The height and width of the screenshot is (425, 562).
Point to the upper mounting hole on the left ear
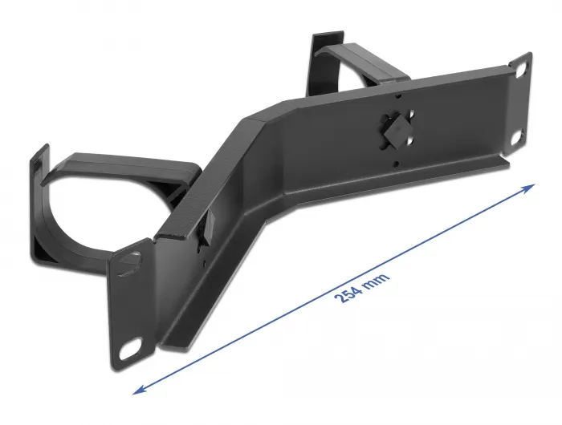(127, 264)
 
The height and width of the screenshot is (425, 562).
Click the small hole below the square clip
(395, 162)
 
